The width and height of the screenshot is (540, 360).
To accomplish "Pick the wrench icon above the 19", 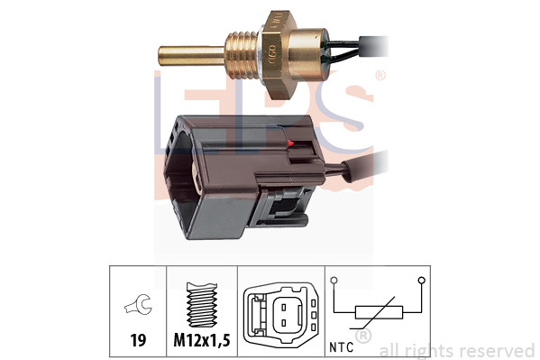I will (x=139, y=308).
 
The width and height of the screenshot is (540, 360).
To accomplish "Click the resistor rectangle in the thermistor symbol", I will (x=373, y=313).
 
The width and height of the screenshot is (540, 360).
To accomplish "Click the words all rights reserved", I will (x=456, y=350).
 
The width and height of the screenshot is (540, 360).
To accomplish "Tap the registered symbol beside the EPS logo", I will (x=380, y=76).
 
